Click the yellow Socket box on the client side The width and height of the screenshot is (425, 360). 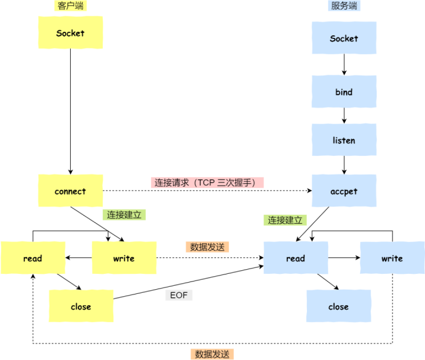point(70,32)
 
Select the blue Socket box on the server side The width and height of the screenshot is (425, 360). point(344,38)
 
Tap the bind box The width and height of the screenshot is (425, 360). point(344,92)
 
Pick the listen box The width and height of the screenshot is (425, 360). point(344,140)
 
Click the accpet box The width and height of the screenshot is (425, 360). point(344,191)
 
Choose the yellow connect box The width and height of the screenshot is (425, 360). point(70,191)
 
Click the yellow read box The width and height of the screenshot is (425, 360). point(32,258)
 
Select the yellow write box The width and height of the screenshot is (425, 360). point(123,258)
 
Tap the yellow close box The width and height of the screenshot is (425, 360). point(81,306)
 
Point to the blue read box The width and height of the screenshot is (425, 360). point(295,258)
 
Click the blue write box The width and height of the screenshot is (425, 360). point(392,258)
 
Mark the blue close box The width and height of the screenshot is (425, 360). point(338,306)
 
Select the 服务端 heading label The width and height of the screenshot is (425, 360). point(344,5)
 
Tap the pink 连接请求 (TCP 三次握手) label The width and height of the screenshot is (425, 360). point(208,182)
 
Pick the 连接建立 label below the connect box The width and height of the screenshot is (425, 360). point(124,215)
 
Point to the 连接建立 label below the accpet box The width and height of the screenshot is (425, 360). point(285,220)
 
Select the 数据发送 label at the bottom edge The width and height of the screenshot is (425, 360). point(214,354)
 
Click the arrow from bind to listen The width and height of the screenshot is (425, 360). point(344,116)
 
